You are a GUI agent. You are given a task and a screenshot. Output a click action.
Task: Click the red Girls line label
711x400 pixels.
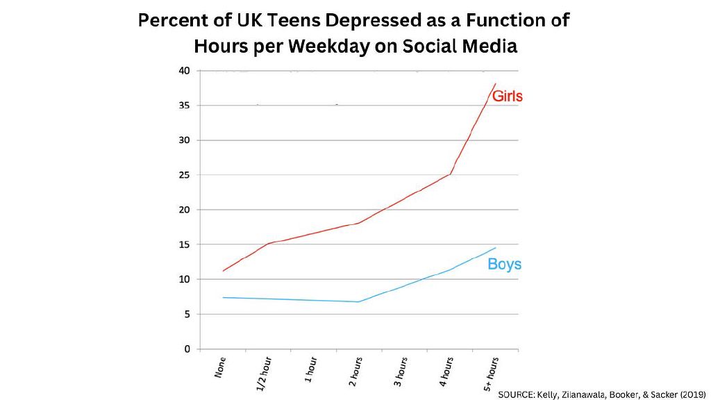tap(507, 97)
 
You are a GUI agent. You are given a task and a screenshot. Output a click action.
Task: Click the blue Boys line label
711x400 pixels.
tap(504, 264)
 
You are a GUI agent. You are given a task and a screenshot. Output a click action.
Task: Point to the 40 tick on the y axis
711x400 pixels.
tap(184, 71)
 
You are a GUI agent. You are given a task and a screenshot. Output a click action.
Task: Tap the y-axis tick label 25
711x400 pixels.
tap(184, 175)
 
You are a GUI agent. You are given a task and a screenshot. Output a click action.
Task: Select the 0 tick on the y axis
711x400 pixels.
tap(187, 349)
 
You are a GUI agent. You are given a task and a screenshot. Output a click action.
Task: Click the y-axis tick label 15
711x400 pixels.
tap(184, 244)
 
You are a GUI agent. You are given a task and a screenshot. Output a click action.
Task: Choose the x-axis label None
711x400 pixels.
tap(220, 367)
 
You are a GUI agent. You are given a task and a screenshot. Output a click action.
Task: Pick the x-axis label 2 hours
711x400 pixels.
tap(355, 371)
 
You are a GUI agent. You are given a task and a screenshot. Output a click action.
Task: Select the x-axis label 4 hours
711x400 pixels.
tap(446, 371)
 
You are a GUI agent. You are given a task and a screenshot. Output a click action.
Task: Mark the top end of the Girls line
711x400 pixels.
tap(495, 84)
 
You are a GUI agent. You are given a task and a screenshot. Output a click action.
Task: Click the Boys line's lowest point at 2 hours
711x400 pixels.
tap(358, 301)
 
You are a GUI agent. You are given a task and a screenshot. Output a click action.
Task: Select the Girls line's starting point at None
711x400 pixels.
tap(223, 271)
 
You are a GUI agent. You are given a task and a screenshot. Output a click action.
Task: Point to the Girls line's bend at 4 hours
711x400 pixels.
tap(451, 174)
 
